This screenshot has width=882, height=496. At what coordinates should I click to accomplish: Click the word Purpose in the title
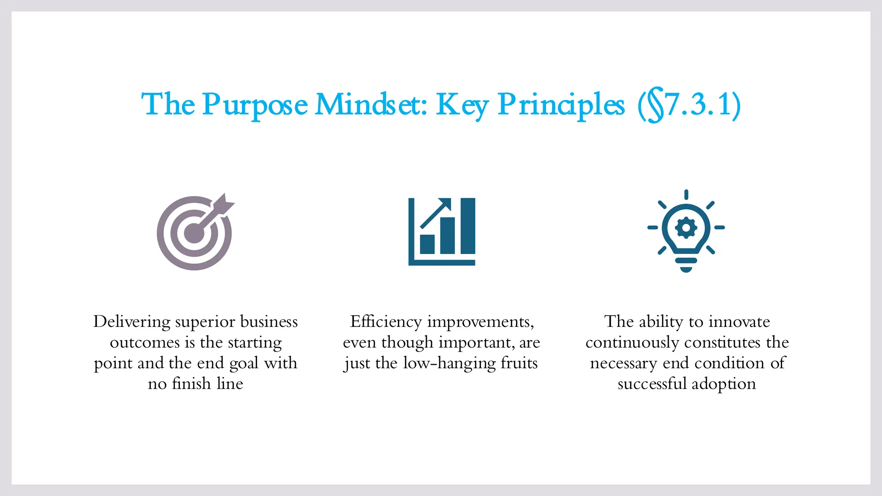tap(255, 105)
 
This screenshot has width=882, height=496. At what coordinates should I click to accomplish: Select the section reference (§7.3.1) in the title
tap(689, 105)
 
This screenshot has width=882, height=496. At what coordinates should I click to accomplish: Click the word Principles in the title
tap(561, 105)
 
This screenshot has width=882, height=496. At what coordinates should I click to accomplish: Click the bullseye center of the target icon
tap(194, 233)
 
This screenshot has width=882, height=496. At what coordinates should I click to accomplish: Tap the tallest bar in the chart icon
tap(468, 226)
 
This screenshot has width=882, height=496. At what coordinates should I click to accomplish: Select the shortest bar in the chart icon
tap(427, 244)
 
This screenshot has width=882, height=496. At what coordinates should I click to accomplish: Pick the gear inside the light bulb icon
tap(686, 227)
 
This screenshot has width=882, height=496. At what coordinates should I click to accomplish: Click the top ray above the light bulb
tap(686, 195)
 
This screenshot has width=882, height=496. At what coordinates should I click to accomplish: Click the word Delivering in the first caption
tap(132, 322)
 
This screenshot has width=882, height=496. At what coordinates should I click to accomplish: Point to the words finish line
tap(208, 384)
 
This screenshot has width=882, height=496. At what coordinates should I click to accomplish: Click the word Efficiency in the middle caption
tap(386, 322)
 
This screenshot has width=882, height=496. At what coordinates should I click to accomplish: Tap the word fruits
tap(519, 363)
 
